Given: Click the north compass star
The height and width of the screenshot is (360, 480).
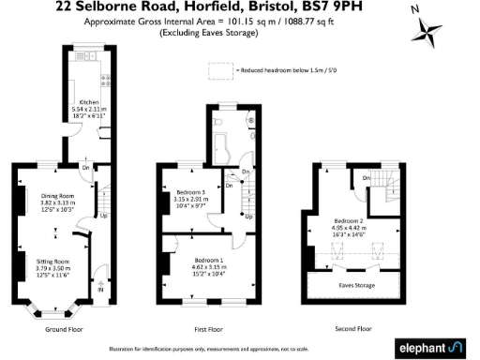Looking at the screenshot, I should [429, 37].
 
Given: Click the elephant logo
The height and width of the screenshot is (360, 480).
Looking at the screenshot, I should [429, 347].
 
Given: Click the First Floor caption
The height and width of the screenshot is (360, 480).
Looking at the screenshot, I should [209, 329].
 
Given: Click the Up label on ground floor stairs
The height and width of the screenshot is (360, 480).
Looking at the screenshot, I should [103, 215].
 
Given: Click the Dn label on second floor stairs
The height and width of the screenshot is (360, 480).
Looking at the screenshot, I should [367, 178].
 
